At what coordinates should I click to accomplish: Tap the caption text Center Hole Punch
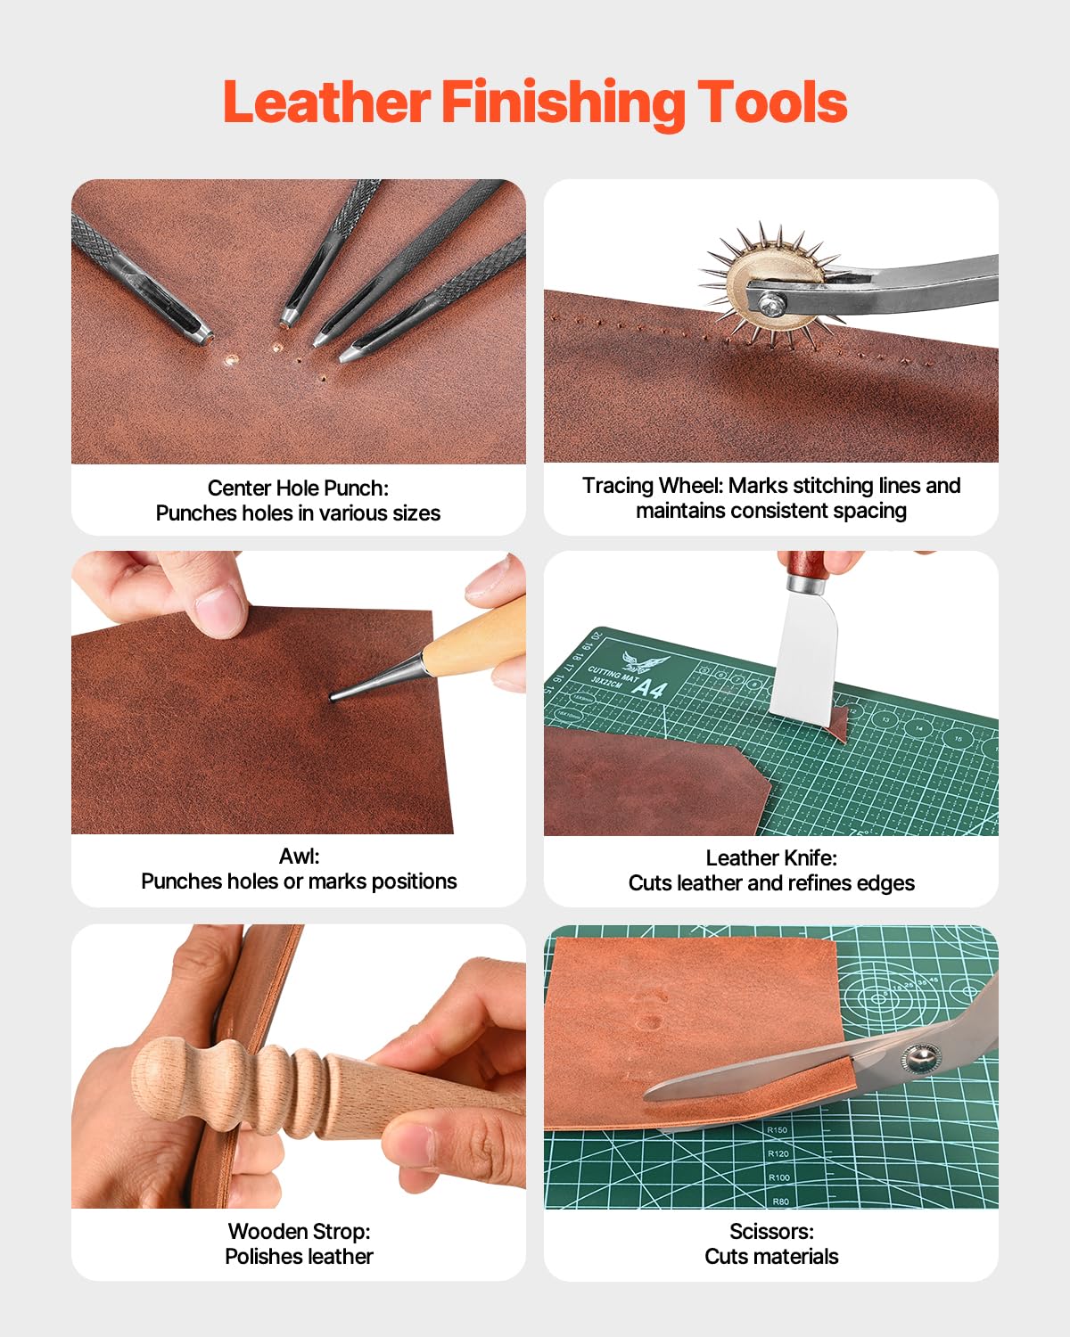click(298, 488)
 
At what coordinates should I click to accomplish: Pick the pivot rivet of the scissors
click(918, 1059)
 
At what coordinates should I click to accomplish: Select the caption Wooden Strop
click(299, 1231)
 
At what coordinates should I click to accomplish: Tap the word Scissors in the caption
click(771, 1231)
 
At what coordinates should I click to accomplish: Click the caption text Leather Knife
click(771, 857)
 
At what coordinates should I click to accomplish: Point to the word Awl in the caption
click(299, 856)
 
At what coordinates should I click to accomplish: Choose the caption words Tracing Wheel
click(652, 485)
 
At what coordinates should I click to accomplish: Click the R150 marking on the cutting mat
click(778, 1130)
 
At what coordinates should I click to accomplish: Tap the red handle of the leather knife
click(808, 563)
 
